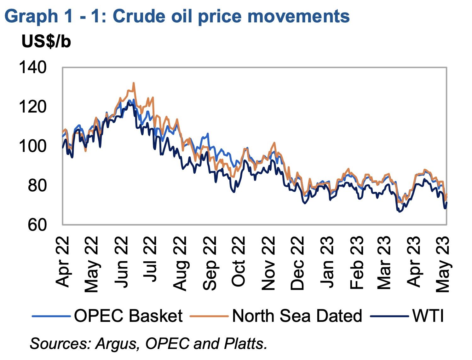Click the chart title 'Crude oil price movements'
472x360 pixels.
coord(231,16)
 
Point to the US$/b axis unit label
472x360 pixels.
coord(46,41)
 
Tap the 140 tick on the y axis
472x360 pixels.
coord(33,67)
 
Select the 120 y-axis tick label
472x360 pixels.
coord(33,107)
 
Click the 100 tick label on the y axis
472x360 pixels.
coord(33,146)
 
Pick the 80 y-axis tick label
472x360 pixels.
coord(37,186)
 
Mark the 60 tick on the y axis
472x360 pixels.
coord(37,225)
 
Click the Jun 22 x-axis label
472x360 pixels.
coord(121,262)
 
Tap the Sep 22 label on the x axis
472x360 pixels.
coord(210,264)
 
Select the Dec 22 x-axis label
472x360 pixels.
coord(297,264)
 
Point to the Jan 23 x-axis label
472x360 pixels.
coord(326,262)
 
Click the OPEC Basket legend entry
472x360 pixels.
coord(107,316)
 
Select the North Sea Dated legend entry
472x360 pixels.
coord(276,316)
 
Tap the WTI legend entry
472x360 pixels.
coord(407,316)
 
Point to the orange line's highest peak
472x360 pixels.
coord(134,83)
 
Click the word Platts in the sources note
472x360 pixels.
coord(245,344)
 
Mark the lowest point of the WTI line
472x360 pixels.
coord(399,212)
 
